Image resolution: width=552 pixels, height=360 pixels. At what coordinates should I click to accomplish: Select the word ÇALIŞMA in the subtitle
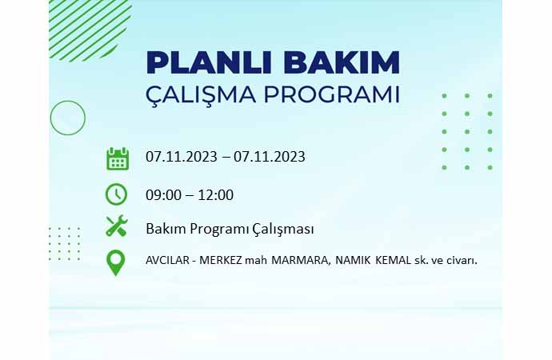coord(201,95)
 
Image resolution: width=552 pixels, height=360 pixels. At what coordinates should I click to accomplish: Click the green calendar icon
coord(118,158)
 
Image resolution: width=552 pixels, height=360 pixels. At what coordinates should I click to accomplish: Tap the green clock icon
coord(116,194)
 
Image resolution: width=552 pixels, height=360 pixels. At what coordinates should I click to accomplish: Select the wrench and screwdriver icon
coord(117,226)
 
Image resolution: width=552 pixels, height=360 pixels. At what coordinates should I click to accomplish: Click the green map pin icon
coord(115,263)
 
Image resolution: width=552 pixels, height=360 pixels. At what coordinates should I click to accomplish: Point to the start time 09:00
coord(163,195)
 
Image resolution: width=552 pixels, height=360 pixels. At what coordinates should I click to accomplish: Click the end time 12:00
coord(216,195)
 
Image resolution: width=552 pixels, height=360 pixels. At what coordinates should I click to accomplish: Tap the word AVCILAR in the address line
coord(167,261)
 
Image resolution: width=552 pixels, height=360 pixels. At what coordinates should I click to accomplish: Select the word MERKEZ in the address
coord(221,261)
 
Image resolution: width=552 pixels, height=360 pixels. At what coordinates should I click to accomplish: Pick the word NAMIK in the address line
coord(353,261)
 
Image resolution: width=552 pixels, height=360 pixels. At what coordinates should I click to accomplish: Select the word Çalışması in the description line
coord(283,230)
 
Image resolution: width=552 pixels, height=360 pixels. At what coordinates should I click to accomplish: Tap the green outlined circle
coord(67,118)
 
